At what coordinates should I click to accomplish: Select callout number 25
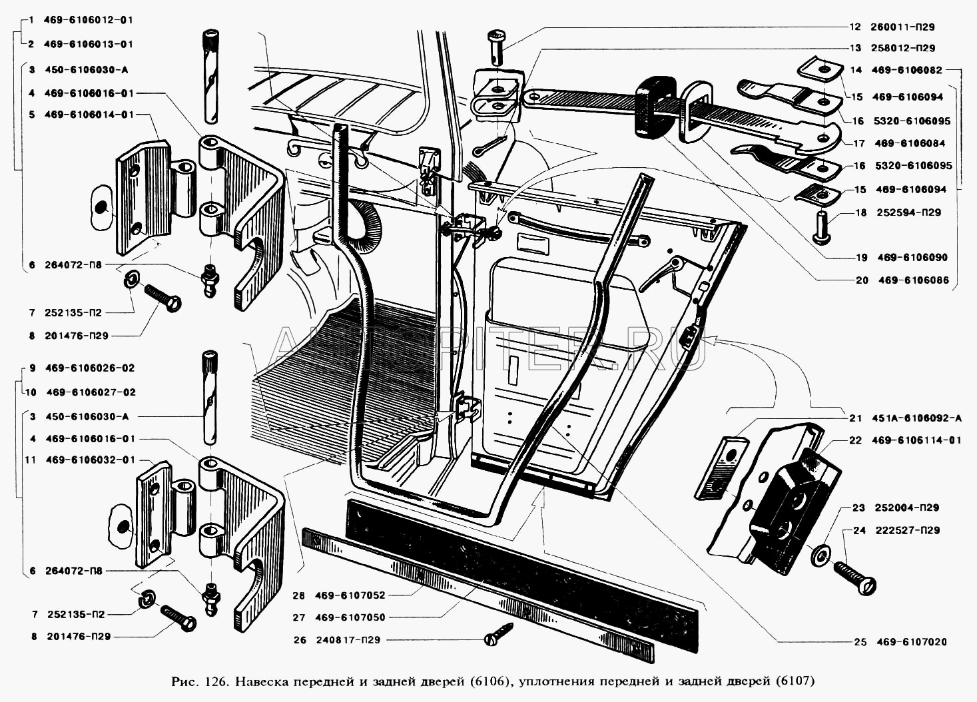point(859,642)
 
